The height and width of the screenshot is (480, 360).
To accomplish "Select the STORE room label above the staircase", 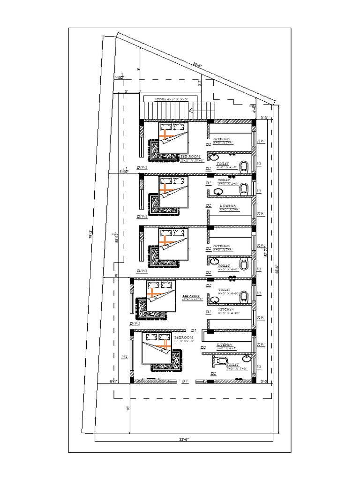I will tap(172, 99).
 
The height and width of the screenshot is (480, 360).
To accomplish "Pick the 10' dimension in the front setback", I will tap(128, 408).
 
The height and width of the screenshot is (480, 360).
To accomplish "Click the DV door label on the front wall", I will tap(185, 381).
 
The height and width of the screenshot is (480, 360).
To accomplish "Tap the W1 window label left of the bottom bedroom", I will tap(125, 357).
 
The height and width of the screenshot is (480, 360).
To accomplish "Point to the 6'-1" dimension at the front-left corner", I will tap(112, 381).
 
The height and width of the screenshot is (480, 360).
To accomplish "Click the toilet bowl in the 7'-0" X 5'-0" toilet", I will tap(222, 361).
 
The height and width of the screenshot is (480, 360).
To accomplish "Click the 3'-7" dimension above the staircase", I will tap(200, 83).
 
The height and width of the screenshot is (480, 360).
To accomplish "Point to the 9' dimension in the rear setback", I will tap(138, 69).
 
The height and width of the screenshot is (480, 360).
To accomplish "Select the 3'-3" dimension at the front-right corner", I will tap(264, 381).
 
